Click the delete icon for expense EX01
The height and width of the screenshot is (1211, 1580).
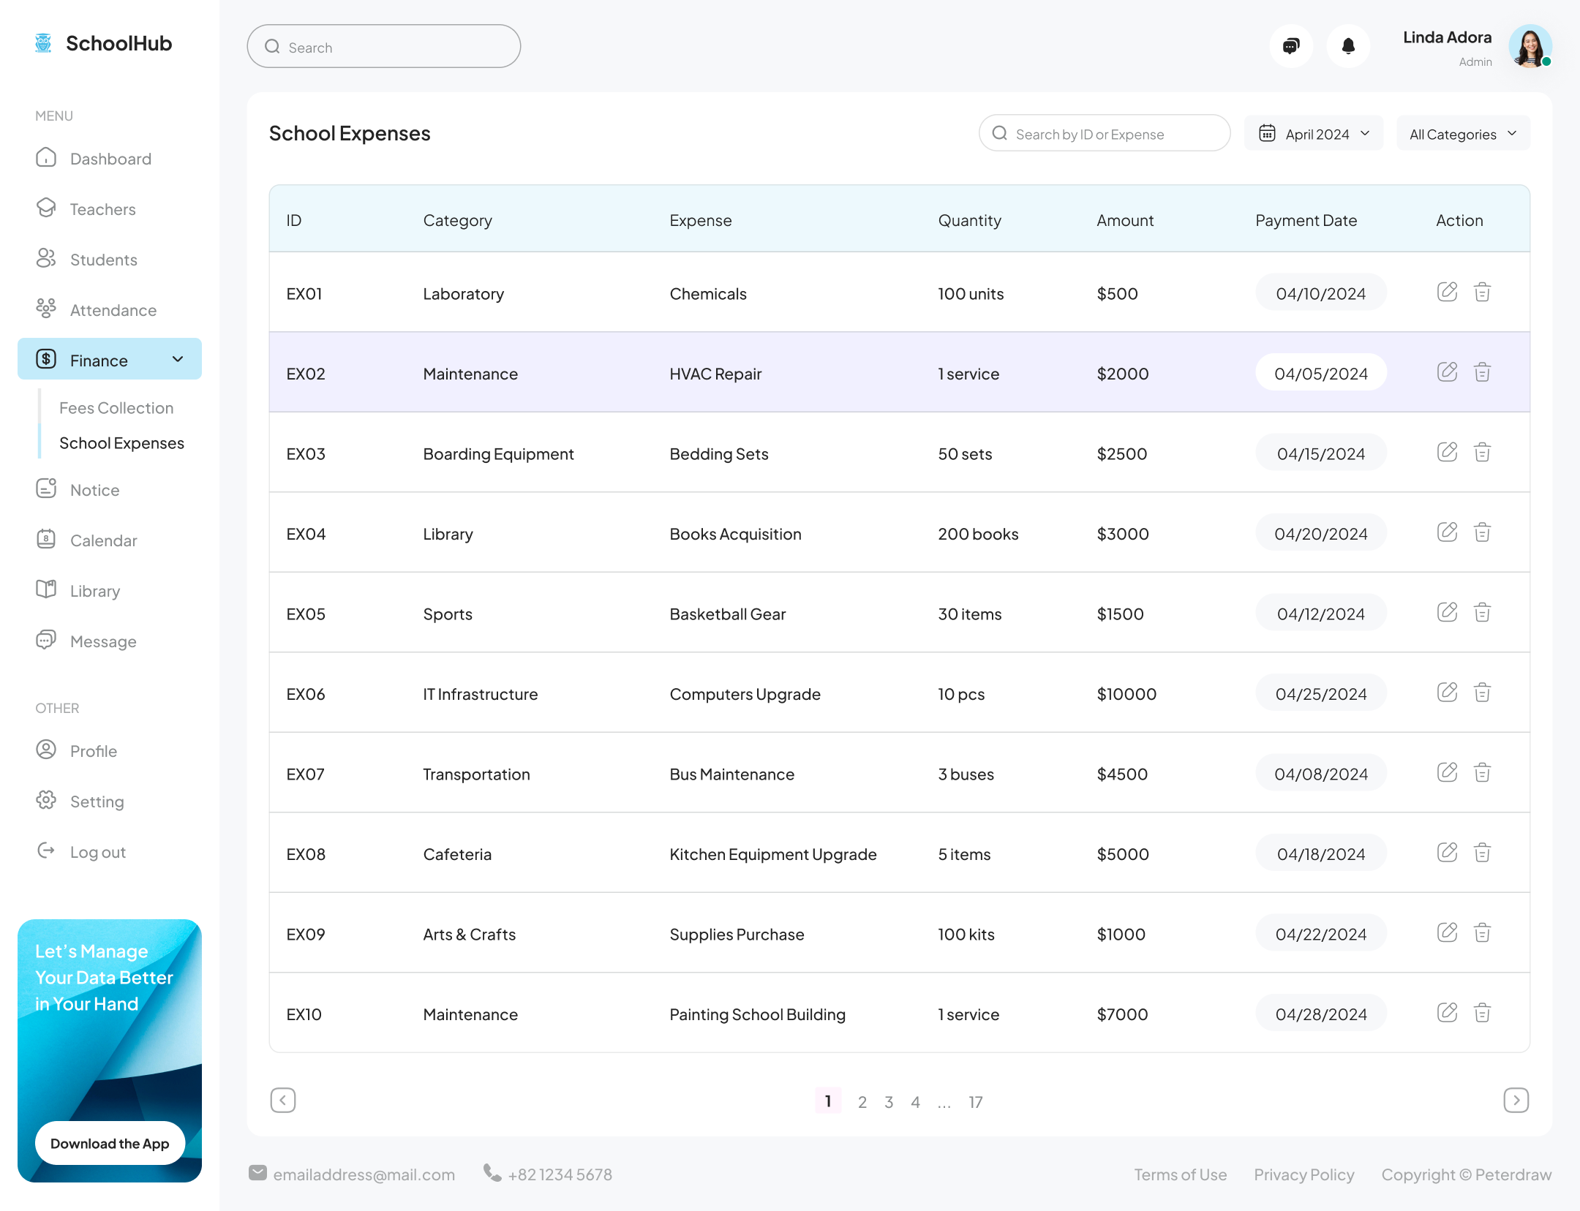(1482, 293)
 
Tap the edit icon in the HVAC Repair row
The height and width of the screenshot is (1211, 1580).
(1447, 372)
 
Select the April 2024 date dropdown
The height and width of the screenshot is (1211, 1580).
(1314, 134)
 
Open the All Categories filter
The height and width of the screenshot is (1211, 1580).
(1463, 134)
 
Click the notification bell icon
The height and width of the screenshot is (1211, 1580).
(1348, 47)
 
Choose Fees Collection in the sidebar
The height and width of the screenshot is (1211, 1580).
(116, 408)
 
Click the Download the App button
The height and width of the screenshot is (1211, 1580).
(110, 1143)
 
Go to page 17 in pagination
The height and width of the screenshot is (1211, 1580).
(976, 1102)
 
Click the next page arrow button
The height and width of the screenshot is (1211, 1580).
(1516, 1101)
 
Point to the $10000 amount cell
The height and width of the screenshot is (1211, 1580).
(1126, 694)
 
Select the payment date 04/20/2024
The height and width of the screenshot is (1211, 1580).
(1320, 534)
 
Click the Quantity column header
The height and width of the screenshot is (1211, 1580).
(969, 220)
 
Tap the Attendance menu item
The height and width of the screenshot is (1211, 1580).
(113, 310)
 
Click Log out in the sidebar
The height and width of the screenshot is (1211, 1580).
(97, 852)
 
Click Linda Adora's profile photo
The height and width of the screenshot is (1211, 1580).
(1530, 47)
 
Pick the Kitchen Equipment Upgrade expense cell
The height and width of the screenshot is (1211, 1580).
(772, 854)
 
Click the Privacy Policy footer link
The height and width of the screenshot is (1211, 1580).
(1303, 1174)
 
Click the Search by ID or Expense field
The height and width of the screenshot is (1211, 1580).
(1105, 134)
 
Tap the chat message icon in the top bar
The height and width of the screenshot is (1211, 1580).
(1291, 47)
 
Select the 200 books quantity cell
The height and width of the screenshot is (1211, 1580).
(978, 534)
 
